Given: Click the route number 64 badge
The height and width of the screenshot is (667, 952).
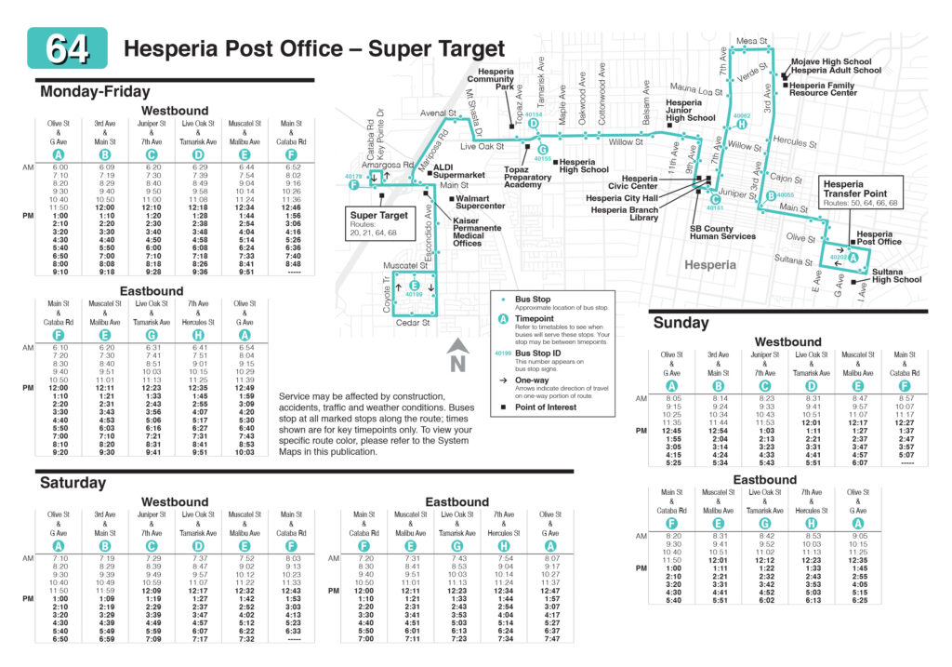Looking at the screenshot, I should (67, 48).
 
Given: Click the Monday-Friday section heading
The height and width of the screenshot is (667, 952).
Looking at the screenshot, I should (95, 92).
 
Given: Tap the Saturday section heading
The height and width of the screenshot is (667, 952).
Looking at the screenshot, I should (73, 483).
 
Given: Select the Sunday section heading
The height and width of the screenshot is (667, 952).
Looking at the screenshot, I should (681, 323).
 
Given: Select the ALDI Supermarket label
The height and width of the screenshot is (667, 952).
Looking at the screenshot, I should (459, 170).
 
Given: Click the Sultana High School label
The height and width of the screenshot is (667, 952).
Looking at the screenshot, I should (896, 275).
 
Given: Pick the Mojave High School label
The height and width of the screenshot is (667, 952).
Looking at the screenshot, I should (831, 61).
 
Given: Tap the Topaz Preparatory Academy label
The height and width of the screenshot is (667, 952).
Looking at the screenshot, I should (529, 179).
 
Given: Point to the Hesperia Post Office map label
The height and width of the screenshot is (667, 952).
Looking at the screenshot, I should (879, 238).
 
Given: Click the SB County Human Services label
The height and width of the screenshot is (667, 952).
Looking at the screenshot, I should (722, 233).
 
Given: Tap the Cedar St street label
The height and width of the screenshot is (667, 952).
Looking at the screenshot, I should (413, 323).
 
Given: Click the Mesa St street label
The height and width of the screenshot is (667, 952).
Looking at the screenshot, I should (751, 42).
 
